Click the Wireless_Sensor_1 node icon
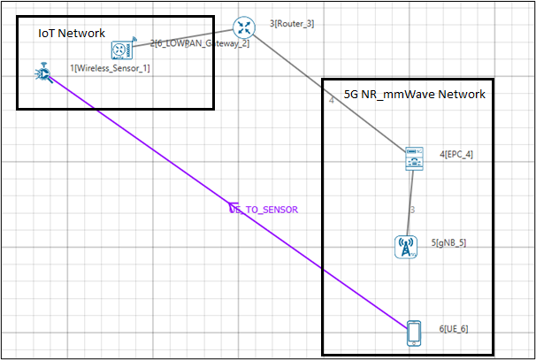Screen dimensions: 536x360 point(42,73)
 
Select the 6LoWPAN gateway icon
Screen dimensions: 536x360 point(121,50)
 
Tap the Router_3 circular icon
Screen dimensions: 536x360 point(243,27)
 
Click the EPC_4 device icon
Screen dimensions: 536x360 point(413,157)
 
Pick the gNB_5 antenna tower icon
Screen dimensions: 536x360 point(406,246)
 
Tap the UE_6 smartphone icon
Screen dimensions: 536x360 point(413,332)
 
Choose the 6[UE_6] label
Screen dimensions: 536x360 point(453,329)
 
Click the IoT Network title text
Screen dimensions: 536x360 point(71,33)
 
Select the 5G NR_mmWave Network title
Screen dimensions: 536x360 point(414,94)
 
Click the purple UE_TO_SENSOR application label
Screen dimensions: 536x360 point(265,210)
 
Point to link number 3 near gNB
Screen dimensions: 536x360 point(413,210)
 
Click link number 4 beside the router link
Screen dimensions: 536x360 point(331,101)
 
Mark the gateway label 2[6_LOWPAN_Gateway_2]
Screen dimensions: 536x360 point(199,42)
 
